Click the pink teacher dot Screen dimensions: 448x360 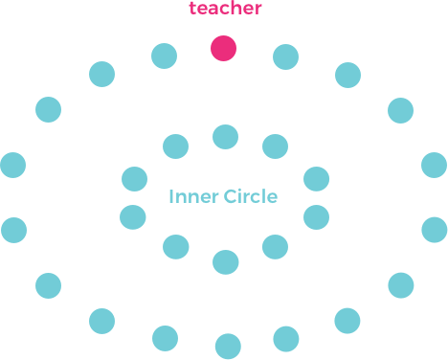[x=224, y=49]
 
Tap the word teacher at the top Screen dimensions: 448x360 [x=225, y=10]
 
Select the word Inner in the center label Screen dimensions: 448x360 [x=193, y=197]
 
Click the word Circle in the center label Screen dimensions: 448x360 [x=251, y=197]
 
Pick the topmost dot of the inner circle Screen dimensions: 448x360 [x=225, y=137]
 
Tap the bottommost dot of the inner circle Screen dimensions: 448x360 [x=226, y=261]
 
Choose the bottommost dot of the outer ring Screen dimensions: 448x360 [x=228, y=346]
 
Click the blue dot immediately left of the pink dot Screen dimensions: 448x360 [x=165, y=56]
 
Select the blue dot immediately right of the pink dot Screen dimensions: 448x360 [x=285, y=56]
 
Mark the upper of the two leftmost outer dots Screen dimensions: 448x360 [x=13, y=165]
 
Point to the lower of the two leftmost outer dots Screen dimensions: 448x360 [x=14, y=230]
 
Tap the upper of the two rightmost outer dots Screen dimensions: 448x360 [x=434, y=165]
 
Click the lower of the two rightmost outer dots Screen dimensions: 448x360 [x=435, y=230]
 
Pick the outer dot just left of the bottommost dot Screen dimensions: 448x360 [x=166, y=337]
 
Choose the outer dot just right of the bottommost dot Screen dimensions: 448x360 [x=285, y=338]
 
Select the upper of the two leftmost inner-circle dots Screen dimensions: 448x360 [x=135, y=179]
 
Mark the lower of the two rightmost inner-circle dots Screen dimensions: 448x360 [x=316, y=217]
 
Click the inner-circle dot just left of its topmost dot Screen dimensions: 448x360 [x=176, y=146]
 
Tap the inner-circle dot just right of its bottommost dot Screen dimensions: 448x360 [x=275, y=247]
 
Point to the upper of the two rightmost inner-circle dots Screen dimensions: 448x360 [x=316, y=179]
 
